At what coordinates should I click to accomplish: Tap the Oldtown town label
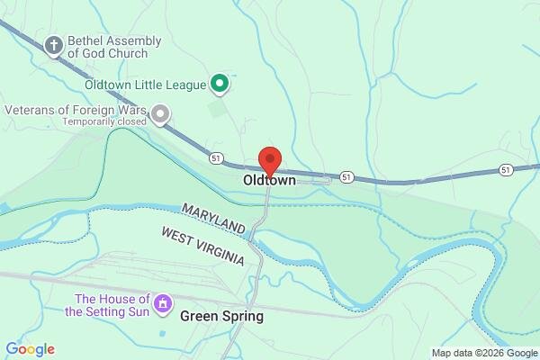(x=269, y=181)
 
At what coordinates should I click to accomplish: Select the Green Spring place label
(x=221, y=316)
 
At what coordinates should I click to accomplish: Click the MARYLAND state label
(x=213, y=216)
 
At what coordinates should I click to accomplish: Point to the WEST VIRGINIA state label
(x=202, y=246)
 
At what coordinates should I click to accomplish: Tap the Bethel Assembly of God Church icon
(x=55, y=44)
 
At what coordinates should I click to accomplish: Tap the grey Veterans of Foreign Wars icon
(x=160, y=113)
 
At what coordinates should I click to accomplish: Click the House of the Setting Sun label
(x=112, y=305)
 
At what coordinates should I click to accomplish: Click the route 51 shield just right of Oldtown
(x=347, y=175)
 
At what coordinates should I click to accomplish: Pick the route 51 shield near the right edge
(x=506, y=168)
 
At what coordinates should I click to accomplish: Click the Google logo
(x=30, y=349)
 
